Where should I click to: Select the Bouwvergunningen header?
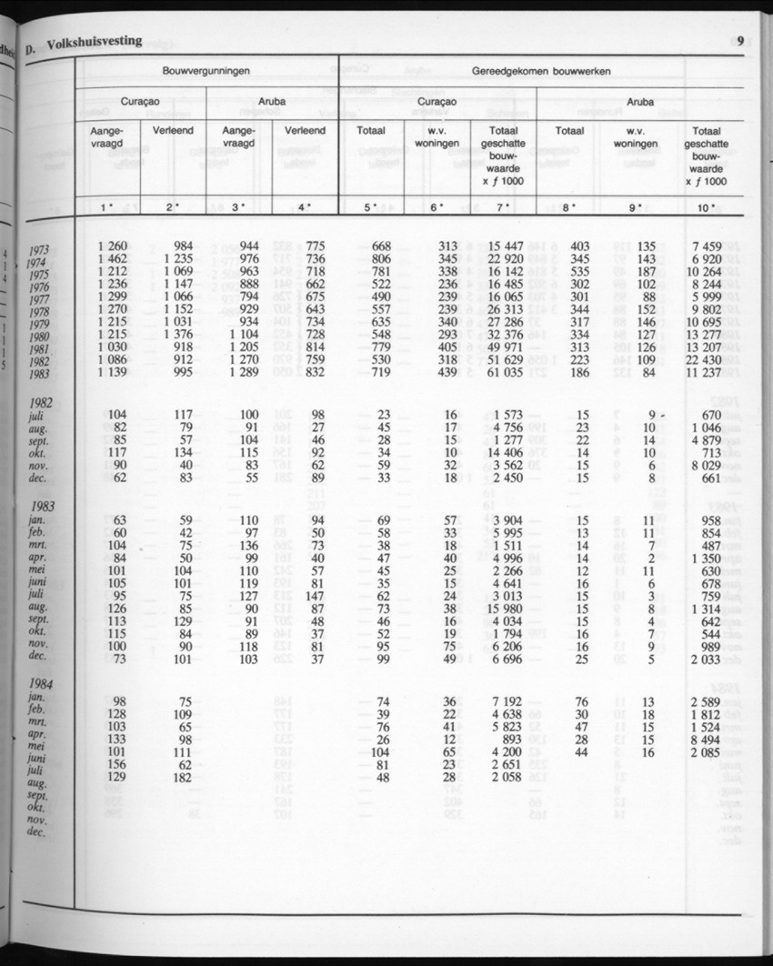pyautogui.click(x=206, y=70)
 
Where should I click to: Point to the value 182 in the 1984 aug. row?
pyautogui.click(x=182, y=778)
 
